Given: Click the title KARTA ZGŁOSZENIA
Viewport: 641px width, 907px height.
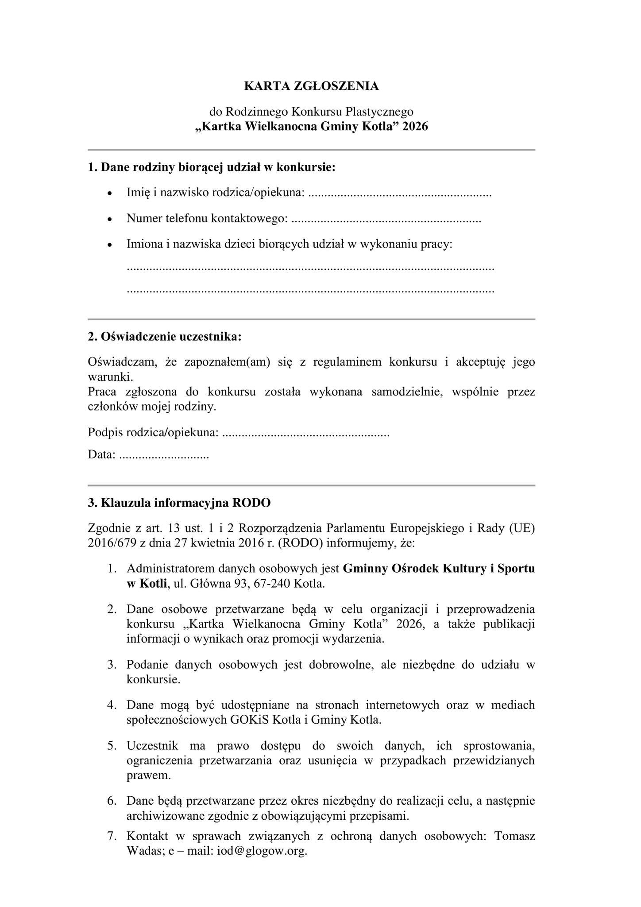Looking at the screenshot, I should pos(311,86).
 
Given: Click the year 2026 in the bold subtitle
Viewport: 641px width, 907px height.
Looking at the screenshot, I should pos(415,127).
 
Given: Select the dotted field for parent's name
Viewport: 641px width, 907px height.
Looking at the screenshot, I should pos(399,194).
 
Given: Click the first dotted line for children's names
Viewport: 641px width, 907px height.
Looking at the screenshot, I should pos(310,268).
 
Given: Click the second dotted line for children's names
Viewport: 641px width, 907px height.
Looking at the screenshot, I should pos(310,291).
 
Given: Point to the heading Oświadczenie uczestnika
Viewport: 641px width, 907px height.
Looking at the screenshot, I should pos(165,337).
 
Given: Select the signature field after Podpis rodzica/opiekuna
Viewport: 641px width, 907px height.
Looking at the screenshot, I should pos(305,433).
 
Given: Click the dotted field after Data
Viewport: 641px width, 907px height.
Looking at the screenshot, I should pos(164,455).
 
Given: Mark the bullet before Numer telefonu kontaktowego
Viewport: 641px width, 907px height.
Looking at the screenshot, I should pos(110,220).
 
